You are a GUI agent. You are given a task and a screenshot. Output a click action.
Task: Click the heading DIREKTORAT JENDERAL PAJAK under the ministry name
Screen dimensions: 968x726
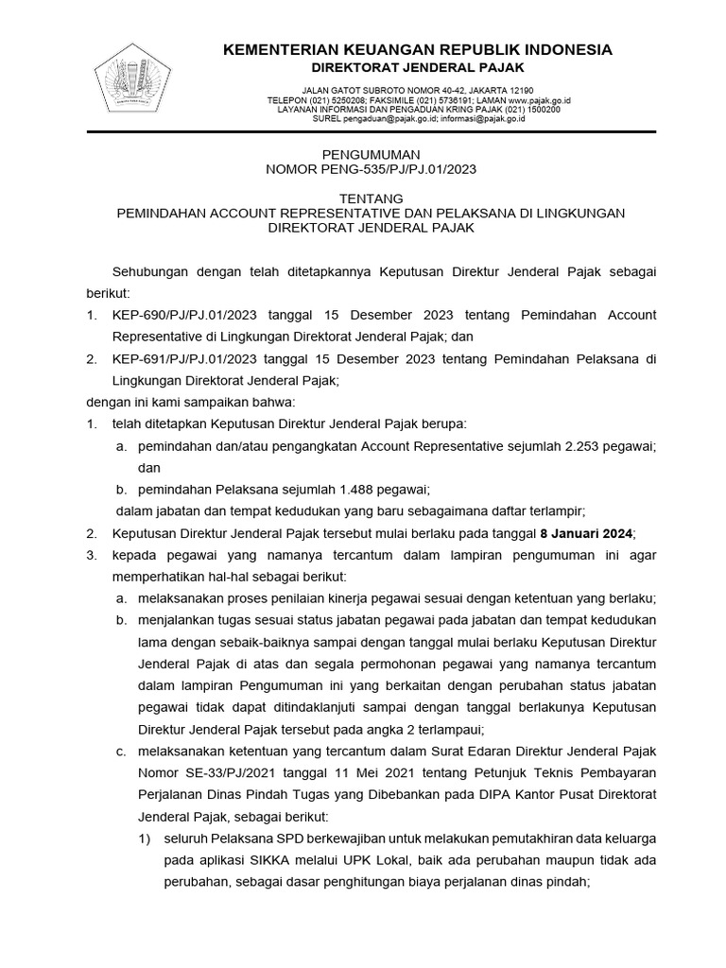(418, 68)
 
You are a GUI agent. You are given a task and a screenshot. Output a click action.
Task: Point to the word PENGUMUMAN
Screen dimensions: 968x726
(370, 153)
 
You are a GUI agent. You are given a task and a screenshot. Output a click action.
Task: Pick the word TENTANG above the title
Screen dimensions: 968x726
(370, 199)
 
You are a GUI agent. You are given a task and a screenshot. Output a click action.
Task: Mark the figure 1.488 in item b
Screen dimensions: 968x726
(352, 489)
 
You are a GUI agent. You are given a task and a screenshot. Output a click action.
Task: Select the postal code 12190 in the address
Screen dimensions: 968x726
(516, 90)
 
